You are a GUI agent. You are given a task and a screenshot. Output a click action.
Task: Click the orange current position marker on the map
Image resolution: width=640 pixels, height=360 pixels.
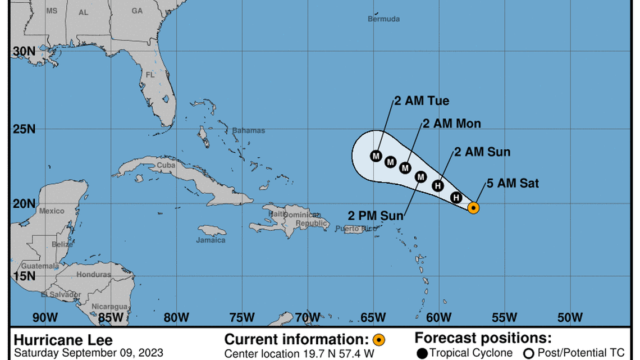[x=473, y=208]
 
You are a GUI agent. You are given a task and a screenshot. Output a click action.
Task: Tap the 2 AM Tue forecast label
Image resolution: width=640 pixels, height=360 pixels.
[x=422, y=101]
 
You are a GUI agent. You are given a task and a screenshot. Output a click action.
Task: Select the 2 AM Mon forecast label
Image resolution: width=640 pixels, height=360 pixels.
[x=451, y=124]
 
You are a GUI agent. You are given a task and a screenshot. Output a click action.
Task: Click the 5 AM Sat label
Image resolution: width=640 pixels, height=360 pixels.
[x=513, y=183]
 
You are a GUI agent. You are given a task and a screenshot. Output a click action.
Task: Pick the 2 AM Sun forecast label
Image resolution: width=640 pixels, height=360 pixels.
[x=482, y=152]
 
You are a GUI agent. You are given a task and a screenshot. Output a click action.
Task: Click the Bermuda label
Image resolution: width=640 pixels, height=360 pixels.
[x=384, y=19]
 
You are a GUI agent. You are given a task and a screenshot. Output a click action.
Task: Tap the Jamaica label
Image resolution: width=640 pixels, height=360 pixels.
[x=211, y=240]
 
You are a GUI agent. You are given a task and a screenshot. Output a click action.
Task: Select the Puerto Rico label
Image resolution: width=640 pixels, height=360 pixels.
[x=355, y=228]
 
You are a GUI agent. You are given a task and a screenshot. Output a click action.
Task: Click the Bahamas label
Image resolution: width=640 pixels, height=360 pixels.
[x=249, y=130]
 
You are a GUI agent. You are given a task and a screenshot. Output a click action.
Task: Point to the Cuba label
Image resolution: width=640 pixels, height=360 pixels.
[x=166, y=165]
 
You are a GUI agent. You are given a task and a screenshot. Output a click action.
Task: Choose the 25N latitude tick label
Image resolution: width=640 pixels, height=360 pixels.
[x=24, y=129]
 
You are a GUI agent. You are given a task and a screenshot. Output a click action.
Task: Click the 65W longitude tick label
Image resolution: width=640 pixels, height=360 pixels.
[x=373, y=317]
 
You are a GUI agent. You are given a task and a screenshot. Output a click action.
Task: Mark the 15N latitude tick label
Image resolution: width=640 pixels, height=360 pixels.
[x=24, y=276]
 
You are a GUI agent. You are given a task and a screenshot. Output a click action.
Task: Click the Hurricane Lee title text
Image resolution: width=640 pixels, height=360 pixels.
[x=63, y=340]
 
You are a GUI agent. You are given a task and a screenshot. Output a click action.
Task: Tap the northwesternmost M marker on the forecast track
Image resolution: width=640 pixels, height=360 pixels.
[x=376, y=156]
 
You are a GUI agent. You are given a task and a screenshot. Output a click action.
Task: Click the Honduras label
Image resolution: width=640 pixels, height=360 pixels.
[x=94, y=275]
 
